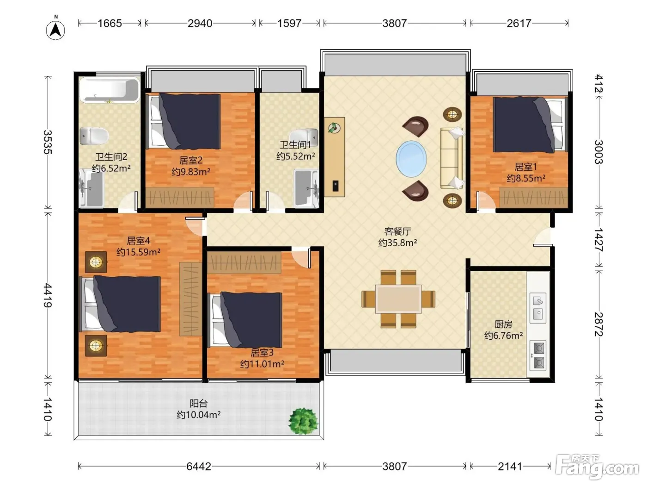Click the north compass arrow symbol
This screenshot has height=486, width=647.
[55, 31]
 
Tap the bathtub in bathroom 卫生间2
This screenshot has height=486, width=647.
[110, 90]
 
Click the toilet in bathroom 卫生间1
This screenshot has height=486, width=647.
[304, 137]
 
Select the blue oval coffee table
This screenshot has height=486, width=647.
[411, 159]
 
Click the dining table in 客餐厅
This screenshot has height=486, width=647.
[398, 299]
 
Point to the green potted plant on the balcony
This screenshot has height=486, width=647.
[303, 421]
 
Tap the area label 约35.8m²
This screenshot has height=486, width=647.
[397, 243]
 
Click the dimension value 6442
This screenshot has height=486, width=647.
[199, 466]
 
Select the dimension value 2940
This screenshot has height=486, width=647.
[200, 23]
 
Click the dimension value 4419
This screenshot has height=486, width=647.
[48, 295]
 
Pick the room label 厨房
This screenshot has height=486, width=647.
[503, 324]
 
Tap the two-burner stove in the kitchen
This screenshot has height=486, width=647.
[538, 355]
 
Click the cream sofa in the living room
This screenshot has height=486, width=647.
[451, 158]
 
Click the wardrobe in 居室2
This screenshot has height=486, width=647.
[180, 197]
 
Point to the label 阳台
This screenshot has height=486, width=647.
[199, 403]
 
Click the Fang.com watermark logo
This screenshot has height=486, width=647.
[597, 467]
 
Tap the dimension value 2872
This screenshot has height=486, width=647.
[598, 324]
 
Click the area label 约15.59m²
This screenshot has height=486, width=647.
[138, 252]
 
